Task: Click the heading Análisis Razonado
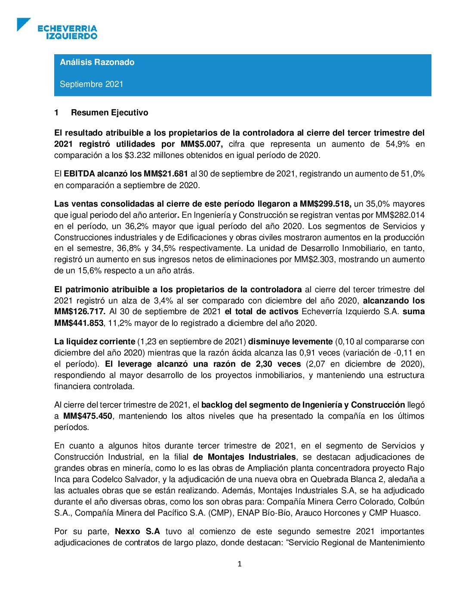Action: click(97, 62)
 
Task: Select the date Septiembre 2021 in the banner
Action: click(91, 84)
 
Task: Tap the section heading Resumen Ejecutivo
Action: click(109, 113)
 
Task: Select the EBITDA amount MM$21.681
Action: click(166, 174)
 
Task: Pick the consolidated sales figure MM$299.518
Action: click(326, 204)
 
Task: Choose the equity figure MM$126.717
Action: click(80, 312)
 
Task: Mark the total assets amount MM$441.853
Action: click(79, 323)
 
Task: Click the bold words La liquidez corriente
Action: click(95, 342)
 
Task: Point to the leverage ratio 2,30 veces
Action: click(278, 364)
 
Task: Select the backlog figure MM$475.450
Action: click(88, 416)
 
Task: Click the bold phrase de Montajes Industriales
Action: click(244, 457)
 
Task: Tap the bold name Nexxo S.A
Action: click(138, 532)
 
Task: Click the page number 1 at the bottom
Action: click(240, 564)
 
